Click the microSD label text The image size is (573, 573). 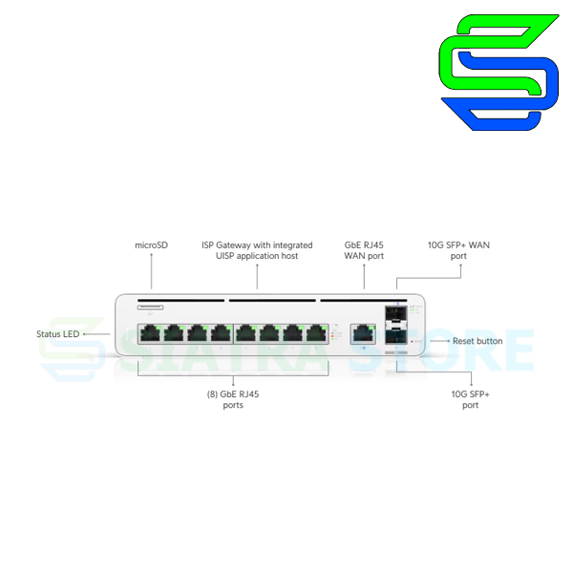[x=151, y=245]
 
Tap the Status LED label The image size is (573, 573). [x=57, y=334]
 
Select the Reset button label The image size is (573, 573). [x=477, y=341]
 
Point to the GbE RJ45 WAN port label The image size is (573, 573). [x=364, y=250]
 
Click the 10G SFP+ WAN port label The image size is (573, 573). [x=458, y=250]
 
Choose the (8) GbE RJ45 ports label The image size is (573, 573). [x=233, y=399]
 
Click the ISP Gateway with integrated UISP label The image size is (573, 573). [x=257, y=250]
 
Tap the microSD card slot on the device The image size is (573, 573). [x=150, y=307]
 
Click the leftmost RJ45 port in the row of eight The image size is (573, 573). [x=149, y=333]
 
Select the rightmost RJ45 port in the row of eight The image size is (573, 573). [x=317, y=333]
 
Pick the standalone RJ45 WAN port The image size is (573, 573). [x=364, y=333]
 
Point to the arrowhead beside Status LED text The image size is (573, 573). [x=84, y=334]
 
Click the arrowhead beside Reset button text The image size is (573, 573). [x=449, y=341]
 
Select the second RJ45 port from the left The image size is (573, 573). [x=173, y=333]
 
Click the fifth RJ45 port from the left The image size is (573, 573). [x=245, y=333]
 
